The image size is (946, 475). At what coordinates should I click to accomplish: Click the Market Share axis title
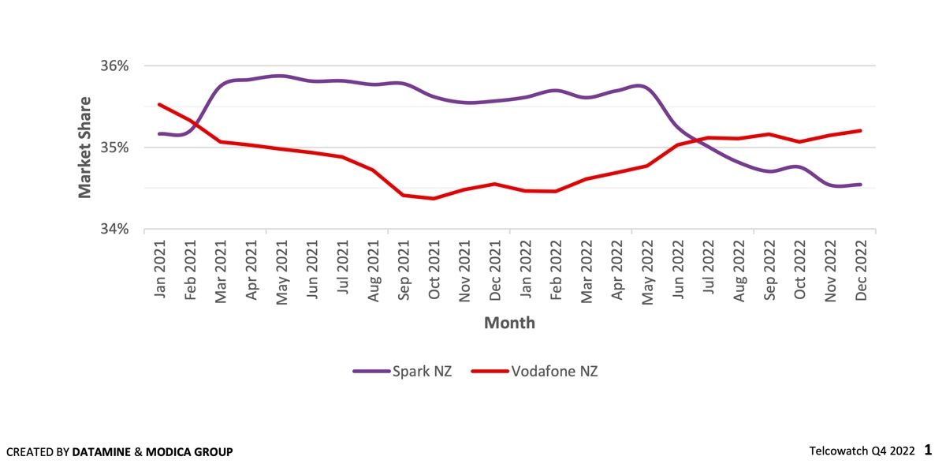(x=85, y=148)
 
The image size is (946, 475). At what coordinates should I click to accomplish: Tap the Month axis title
(x=509, y=323)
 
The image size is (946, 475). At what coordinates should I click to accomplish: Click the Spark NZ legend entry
(x=403, y=371)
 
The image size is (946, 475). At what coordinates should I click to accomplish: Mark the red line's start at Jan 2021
(x=160, y=104)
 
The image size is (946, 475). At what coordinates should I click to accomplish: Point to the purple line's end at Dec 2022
(x=860, y=185)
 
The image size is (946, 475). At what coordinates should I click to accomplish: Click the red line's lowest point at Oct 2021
(x=434, y=198)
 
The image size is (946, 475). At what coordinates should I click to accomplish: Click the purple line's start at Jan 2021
(x=160, y=133)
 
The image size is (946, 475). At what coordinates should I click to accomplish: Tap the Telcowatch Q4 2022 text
(x=862, y=451)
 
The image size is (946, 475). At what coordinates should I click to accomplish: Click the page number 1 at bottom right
(x=928, y=450)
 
